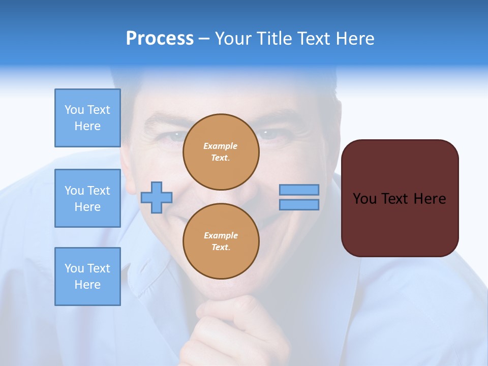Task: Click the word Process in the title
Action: tap(160, 39)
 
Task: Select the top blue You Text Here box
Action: tap(87, 118)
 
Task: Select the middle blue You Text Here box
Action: tap(87, 198)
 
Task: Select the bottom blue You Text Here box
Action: tap(87, 277)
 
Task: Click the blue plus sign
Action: tap(157, 197)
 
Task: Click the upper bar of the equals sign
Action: tap(299, 190)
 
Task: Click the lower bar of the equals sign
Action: tap(299, 204)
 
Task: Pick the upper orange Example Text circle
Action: tap(221, 152)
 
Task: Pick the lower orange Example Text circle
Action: tap(221, 241)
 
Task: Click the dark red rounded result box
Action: tap(400, 224)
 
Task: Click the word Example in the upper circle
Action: tap(221, 146)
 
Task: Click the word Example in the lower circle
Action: tap(221, 235)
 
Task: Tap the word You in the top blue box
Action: tap(74, 110)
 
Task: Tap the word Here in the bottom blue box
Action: tap(87, 285)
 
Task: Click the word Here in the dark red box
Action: tap(430, 199)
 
